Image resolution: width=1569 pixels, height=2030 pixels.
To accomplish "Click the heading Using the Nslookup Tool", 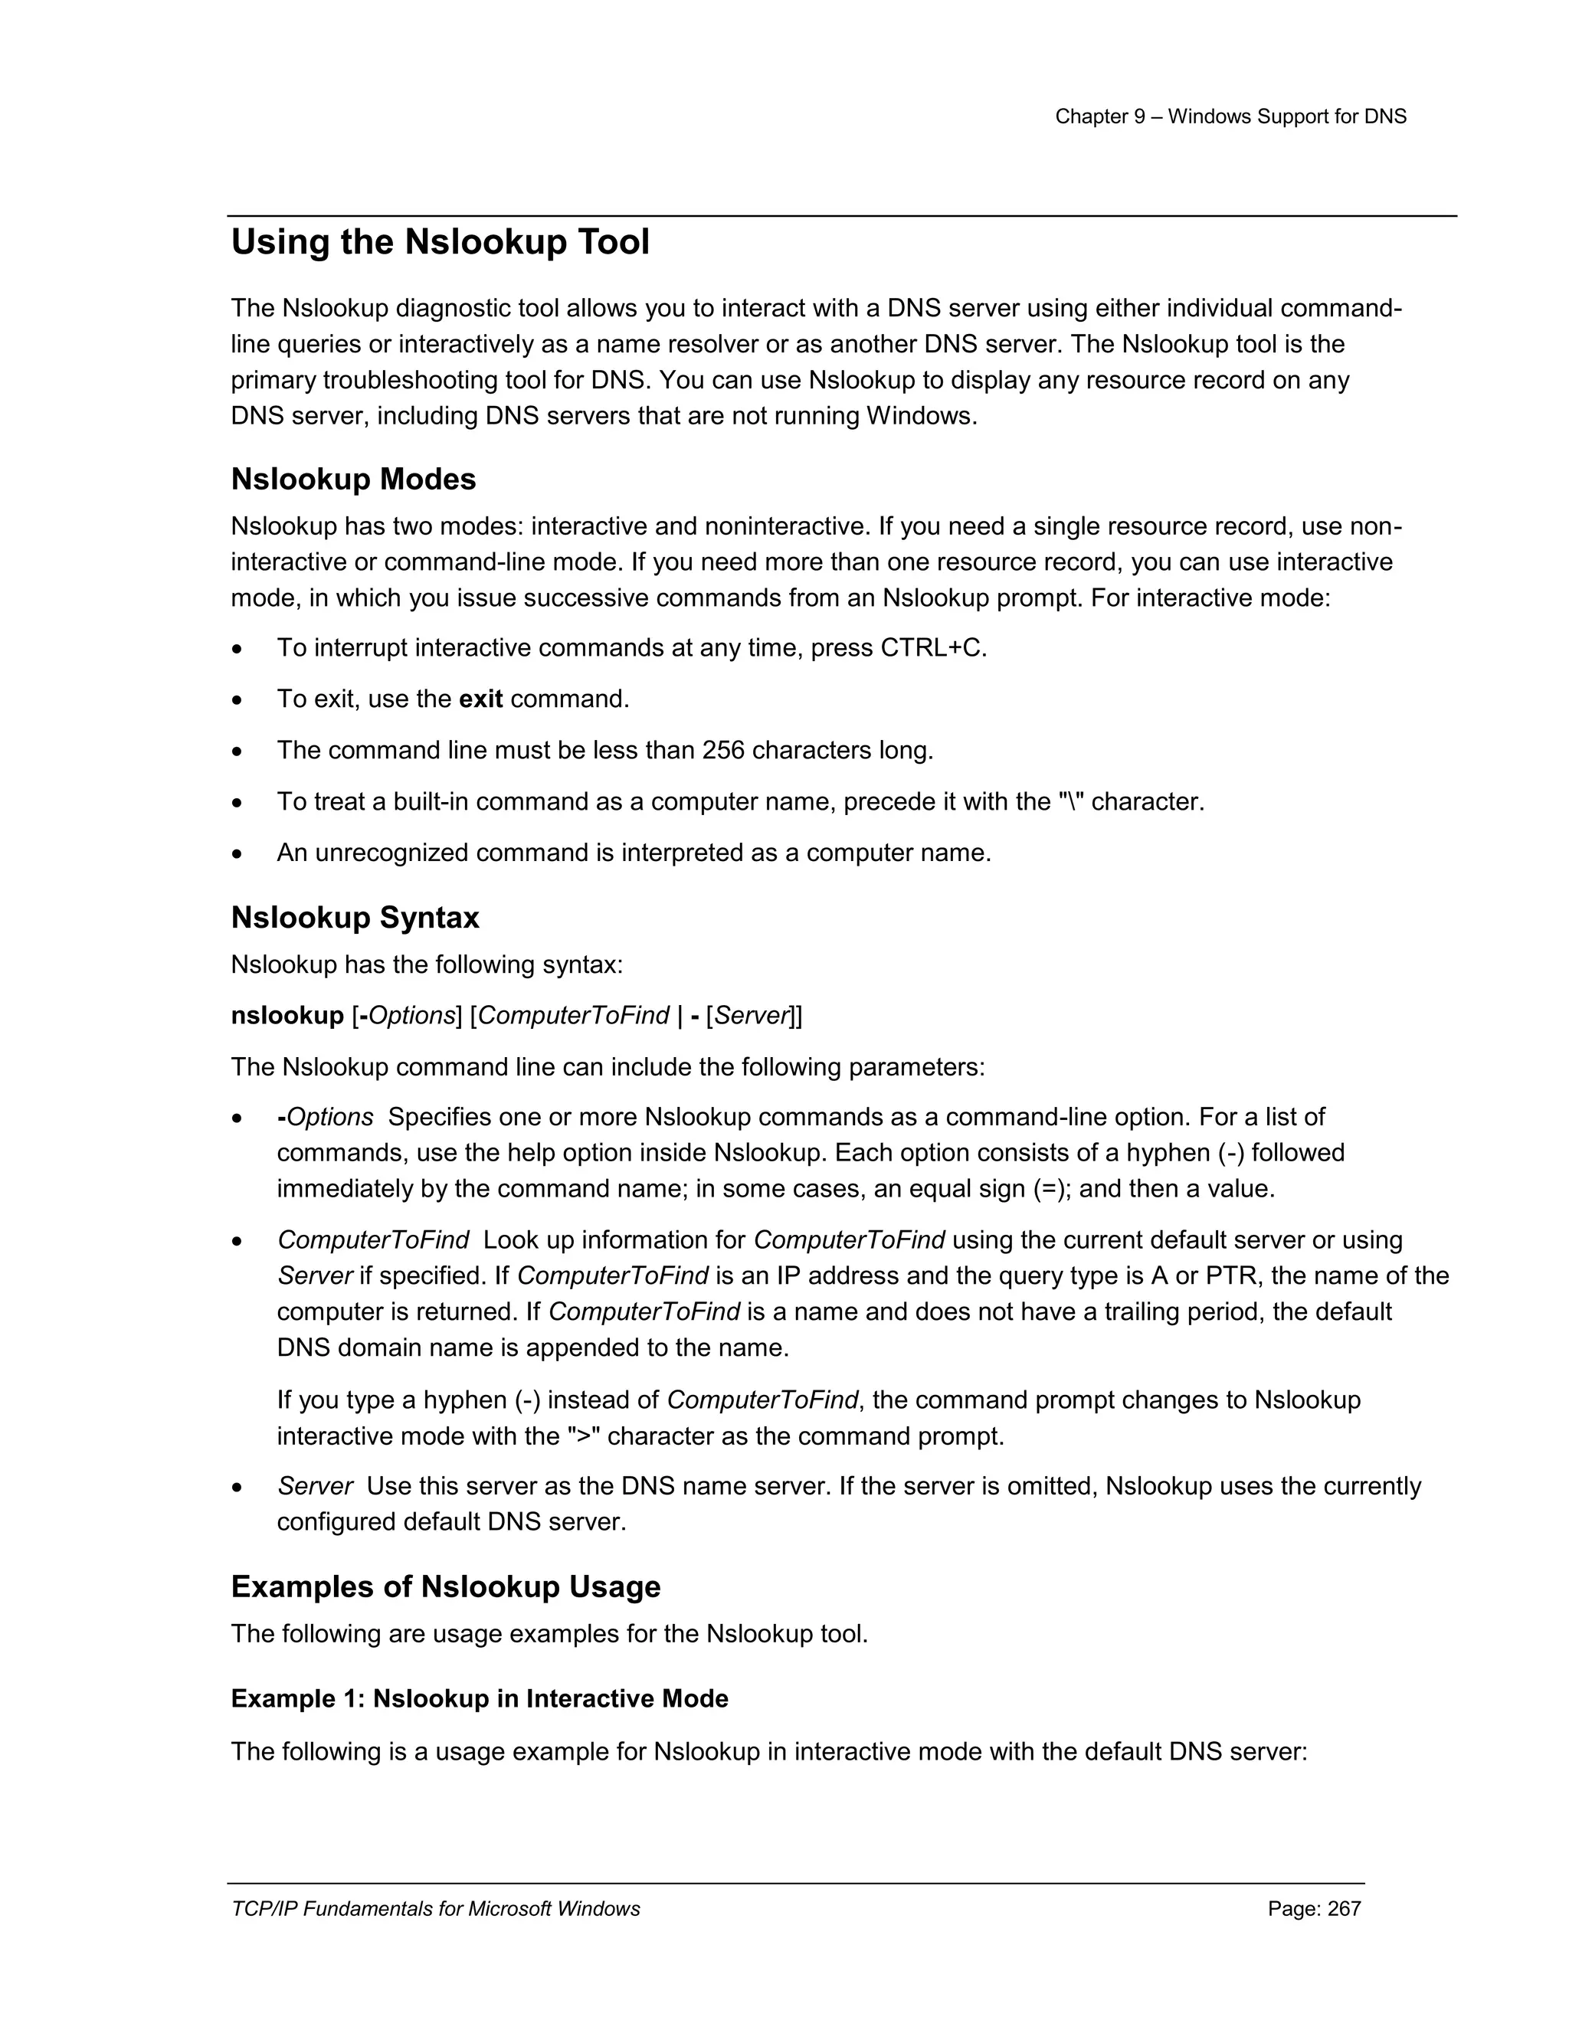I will [440, 243].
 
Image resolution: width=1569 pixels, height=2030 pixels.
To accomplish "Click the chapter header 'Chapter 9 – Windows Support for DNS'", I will [1230, 117].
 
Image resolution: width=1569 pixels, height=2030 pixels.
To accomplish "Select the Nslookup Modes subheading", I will [353, 480].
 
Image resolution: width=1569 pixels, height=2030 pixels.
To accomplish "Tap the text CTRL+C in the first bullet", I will [932, 648].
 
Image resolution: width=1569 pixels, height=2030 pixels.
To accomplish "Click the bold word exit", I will [480, 699].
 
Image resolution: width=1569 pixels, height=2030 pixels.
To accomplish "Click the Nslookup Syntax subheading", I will [355, 918].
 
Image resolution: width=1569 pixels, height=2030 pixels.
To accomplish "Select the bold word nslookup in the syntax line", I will [287, 1016].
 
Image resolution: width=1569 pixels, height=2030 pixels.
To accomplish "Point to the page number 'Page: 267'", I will [1313, 1909].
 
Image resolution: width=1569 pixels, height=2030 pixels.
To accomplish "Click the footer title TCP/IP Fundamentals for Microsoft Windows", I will [435, 1909].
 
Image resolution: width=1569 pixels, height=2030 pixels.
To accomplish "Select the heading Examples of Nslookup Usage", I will [445, 1586].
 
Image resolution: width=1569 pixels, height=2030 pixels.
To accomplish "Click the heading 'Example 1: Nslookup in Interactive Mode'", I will [480, 1699].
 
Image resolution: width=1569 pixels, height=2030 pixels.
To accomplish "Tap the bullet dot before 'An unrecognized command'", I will [238, 853].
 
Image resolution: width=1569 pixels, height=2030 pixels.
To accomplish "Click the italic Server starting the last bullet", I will [314, 1486].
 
